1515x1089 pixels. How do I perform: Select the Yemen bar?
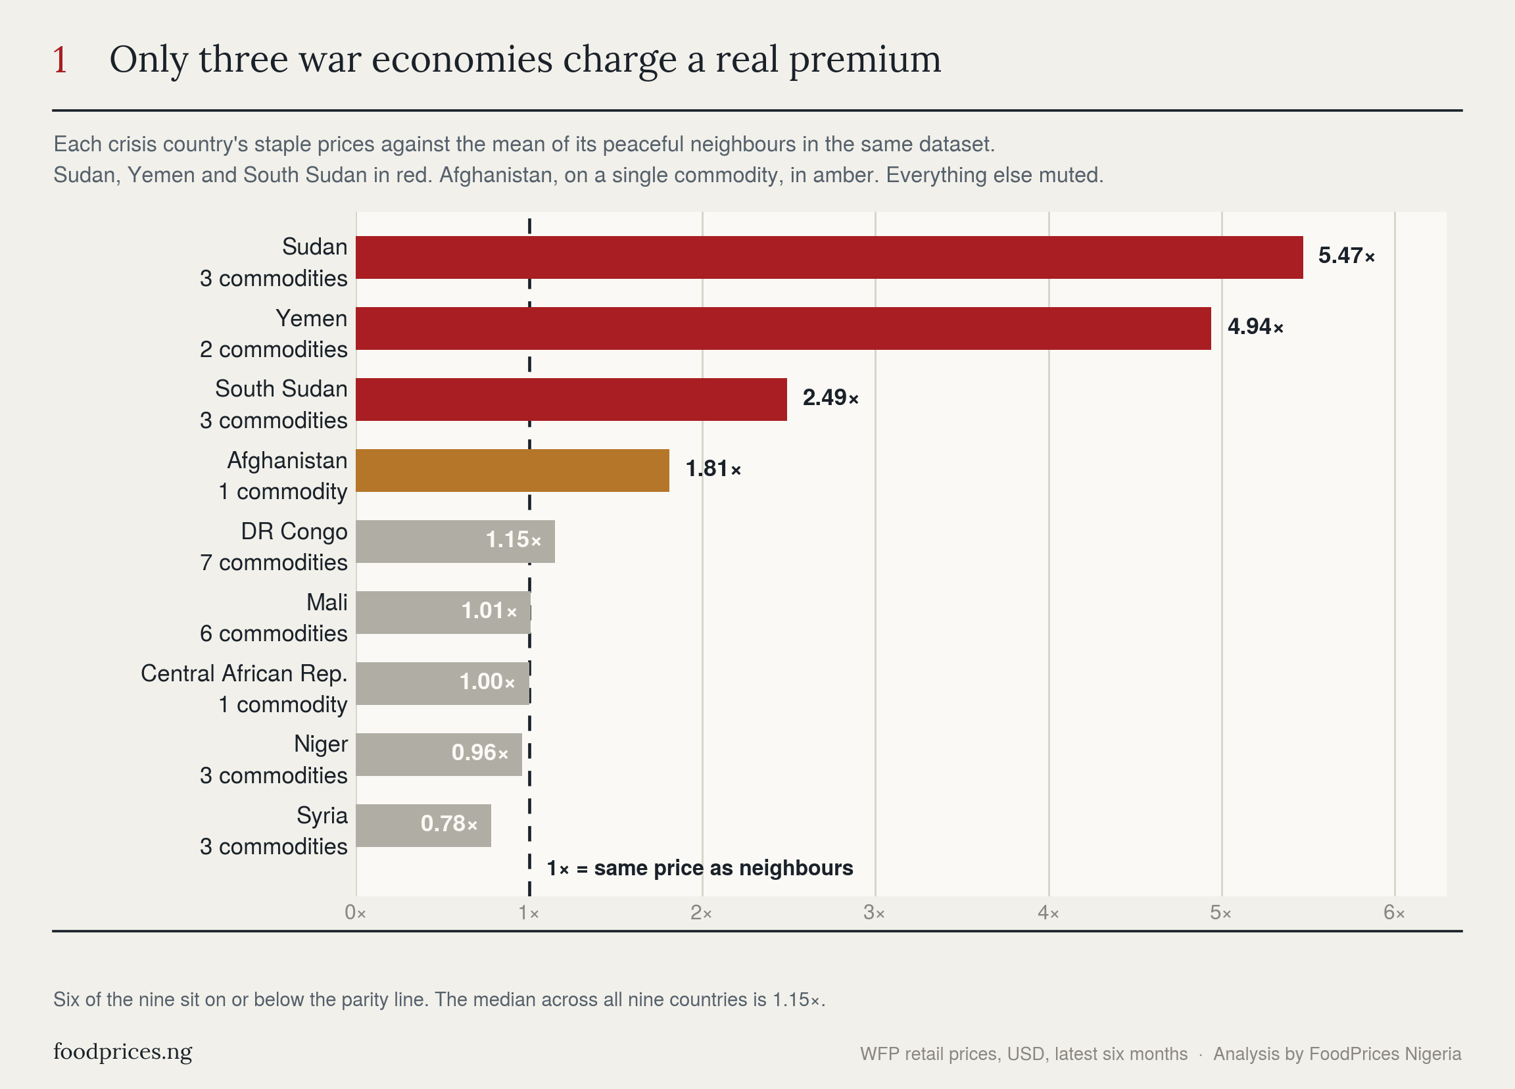783,328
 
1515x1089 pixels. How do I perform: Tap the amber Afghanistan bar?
512,470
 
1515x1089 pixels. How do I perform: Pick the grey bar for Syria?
423,825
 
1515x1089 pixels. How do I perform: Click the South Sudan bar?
571,400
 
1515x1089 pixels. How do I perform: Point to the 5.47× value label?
1346,256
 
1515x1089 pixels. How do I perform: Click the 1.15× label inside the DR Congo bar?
513,540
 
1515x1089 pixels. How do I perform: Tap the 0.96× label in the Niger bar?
479,753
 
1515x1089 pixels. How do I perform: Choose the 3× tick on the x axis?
875,913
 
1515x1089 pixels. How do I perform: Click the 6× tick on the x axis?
1394,913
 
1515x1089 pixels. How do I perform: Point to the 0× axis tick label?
355,913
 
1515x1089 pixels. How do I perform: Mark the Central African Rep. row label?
244,673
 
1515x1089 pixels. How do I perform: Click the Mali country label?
327,602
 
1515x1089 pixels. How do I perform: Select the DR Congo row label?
294,532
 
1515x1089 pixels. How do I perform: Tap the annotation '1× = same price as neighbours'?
700,868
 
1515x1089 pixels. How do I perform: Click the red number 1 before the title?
60,60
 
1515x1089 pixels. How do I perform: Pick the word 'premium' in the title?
865,60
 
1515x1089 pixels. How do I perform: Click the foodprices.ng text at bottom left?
123,1052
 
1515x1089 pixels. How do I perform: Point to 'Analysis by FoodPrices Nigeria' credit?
1337,1054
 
